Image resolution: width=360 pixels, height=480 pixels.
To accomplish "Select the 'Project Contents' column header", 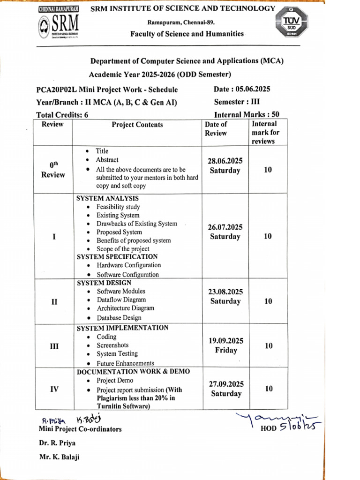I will [x=137, y=125].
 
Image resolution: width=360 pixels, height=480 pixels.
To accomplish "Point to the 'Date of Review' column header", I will [x=216, y=128].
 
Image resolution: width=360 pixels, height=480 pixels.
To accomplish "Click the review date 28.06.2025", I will [x=225, y=161].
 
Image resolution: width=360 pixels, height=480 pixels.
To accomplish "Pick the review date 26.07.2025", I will [x=225, y=227].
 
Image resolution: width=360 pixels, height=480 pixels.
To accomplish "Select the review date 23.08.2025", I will [x=225, y=292].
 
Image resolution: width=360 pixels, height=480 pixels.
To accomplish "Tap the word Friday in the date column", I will [x=226, y=350].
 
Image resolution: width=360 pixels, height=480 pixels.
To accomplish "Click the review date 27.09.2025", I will [x=226, y=383].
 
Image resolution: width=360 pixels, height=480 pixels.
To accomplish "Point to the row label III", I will [x=54, y=346].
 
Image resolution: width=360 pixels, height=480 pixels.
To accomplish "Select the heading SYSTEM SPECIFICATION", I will [x=117, y=256].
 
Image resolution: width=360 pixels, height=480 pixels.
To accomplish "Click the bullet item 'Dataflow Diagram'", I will [x=121, y=300].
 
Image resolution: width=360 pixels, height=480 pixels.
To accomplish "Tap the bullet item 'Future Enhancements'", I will [x=125, y=363].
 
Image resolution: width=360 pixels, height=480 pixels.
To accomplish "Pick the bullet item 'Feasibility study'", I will [x=118, y=207].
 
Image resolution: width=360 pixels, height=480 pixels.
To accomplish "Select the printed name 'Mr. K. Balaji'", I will [x=59, y=457].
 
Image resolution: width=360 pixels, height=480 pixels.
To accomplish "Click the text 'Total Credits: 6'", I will [x=62, y=115].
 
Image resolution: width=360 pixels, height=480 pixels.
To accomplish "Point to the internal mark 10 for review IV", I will [x=268, y=389].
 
